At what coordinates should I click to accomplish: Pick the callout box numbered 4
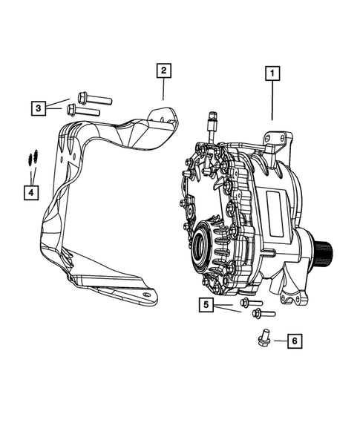click(30, 193)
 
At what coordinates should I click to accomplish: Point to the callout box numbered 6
click(294, 341)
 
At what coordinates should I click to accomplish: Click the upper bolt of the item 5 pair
click(250, 303)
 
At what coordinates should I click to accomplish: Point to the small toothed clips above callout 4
click(30, 158)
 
